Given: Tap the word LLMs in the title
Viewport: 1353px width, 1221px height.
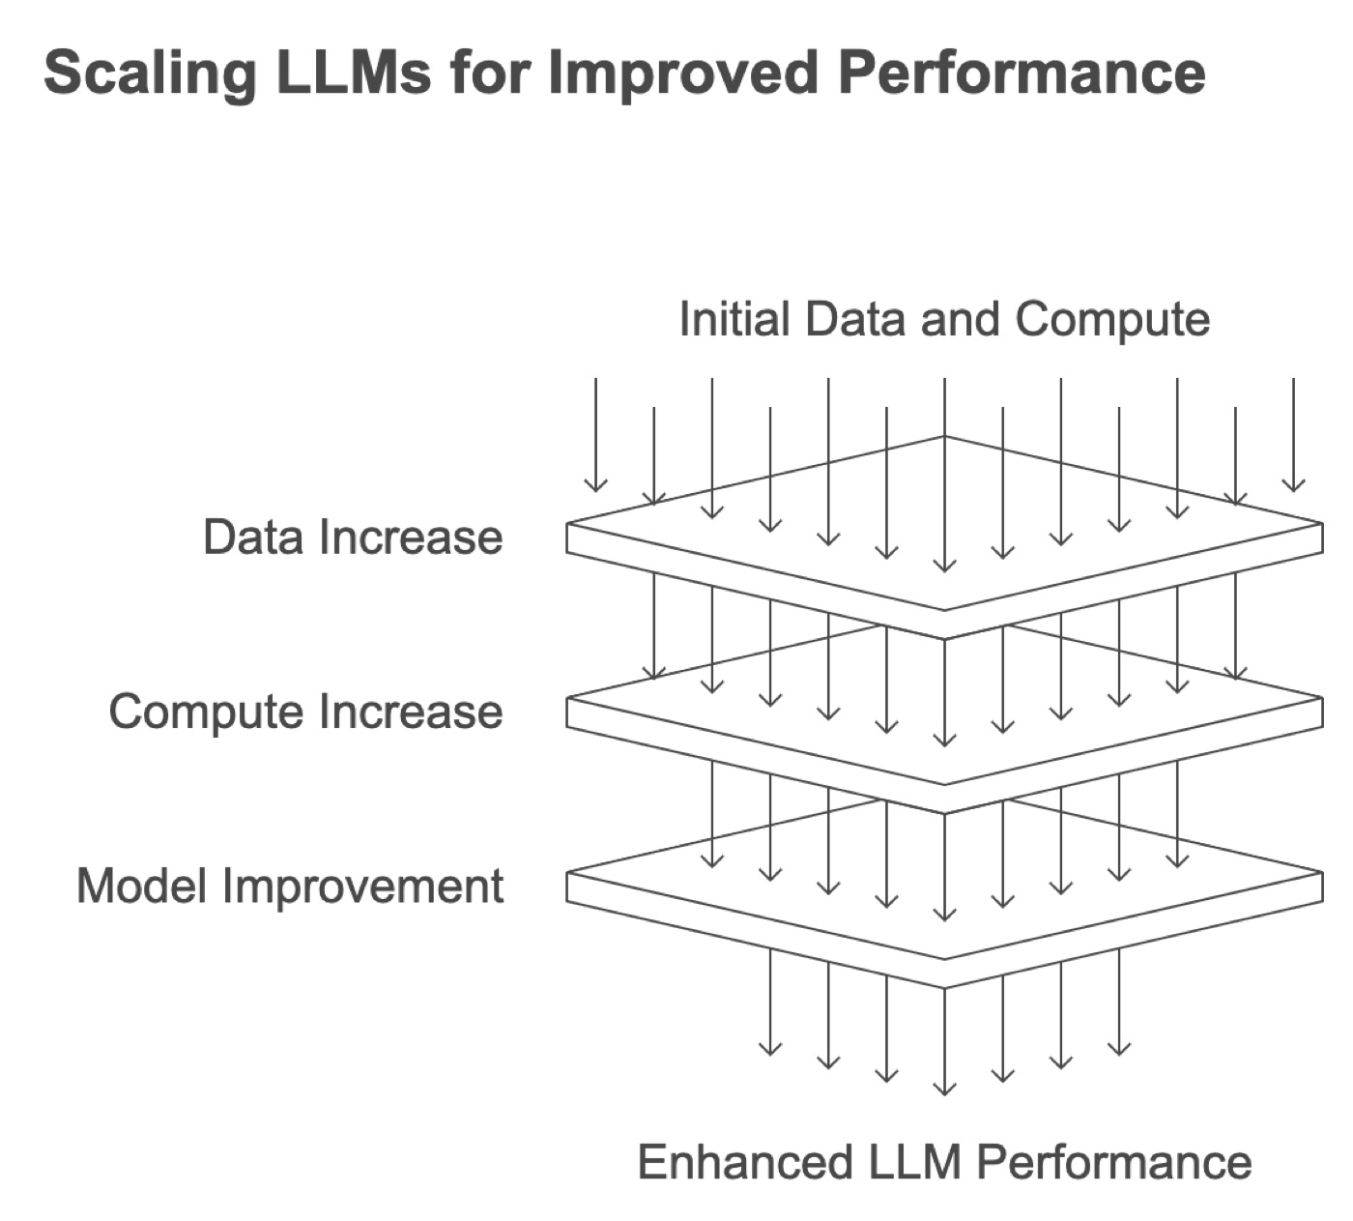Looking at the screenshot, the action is [354, 73].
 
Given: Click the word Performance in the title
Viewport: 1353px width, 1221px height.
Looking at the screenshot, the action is [1022, 73].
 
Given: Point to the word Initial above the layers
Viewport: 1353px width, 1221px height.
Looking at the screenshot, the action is [734, 318].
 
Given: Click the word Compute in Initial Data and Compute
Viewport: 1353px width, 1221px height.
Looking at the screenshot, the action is [1112, 320].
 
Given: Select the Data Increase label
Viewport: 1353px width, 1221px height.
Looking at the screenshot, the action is [353, 537].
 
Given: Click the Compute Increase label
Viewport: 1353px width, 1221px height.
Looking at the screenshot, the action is [305, 712].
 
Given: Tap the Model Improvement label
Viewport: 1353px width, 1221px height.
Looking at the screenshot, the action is [290, 887].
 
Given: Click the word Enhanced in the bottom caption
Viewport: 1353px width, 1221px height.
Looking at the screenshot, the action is [745, 1162].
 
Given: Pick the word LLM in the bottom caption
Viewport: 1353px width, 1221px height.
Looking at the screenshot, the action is [914, 1162].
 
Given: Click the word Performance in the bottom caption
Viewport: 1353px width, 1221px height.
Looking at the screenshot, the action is [1113, 1162].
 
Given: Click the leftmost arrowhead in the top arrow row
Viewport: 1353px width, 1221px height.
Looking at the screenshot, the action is [595, 490].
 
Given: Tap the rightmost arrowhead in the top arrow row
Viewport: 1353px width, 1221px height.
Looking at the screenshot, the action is [1293, 490].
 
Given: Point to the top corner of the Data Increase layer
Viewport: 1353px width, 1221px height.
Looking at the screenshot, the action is [944, 437].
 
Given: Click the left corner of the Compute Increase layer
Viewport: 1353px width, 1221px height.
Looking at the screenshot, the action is [566, 697].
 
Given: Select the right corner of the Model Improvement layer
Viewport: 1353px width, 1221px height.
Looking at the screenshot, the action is [1323, 872].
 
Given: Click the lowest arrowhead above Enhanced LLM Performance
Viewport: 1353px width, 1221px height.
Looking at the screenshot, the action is [944, 1093].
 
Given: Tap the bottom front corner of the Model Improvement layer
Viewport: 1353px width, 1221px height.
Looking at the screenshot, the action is [944, 988].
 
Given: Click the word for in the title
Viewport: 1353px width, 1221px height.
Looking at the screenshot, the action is [490, 73].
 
